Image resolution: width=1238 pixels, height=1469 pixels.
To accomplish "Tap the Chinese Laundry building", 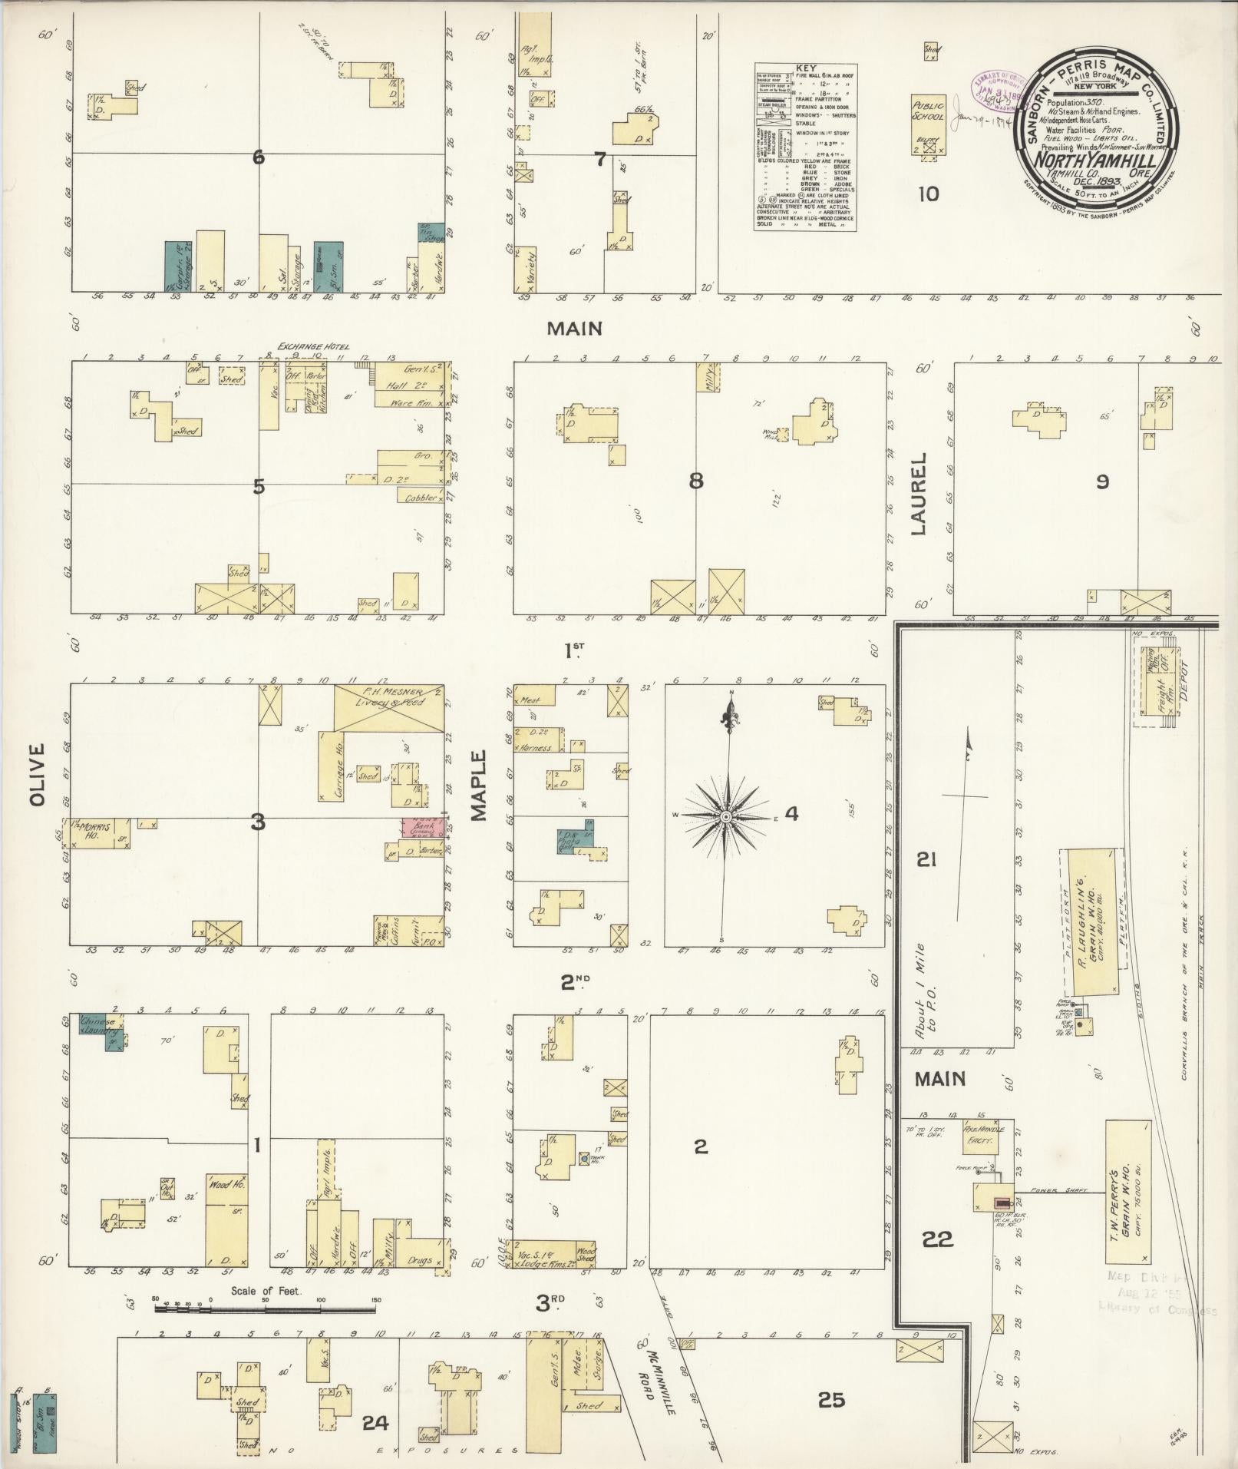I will pos(102,1026).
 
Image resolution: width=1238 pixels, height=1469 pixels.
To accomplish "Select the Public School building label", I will pos(926,112).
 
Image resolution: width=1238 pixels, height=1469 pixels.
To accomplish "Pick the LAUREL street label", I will pos(919,493).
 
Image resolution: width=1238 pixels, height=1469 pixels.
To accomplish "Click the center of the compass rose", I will pos(725,816).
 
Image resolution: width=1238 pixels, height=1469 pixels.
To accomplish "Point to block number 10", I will pos(928,194).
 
